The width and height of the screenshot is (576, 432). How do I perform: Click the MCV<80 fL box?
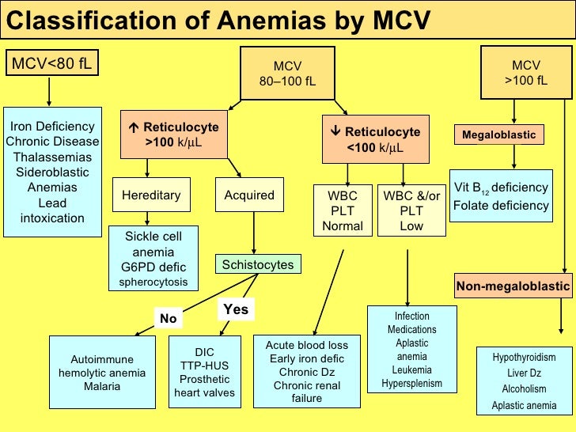coord(52,63)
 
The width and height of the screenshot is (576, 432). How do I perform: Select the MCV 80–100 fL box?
coord(288,73)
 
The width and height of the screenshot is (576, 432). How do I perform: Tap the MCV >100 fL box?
coord(526,72)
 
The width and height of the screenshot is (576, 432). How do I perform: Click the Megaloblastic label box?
coord(498,135)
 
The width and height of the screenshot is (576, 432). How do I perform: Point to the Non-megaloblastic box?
coord(513,286)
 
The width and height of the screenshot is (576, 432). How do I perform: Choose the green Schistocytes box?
coord(258,264)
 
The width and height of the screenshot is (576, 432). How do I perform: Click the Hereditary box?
coord(151,195)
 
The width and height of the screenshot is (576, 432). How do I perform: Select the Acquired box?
coord(249,195)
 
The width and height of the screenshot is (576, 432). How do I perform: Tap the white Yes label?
coord(236,309)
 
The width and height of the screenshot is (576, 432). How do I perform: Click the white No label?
coord(169,318)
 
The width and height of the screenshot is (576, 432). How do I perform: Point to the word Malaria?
coord(102,386)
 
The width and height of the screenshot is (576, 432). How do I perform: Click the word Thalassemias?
coord(52,157)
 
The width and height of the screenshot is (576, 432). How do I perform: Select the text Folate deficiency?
coord(501,205)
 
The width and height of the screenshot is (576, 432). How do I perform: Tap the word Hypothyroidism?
coord(524,357)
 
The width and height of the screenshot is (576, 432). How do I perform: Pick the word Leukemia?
coord(411,369)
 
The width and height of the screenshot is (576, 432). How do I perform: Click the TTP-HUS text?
coord(204,366)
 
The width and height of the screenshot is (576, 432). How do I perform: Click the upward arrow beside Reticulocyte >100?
coord(134,127)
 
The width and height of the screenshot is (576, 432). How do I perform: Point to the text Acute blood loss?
coord(307,345)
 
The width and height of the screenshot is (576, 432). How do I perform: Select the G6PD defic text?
coord(153,267)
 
